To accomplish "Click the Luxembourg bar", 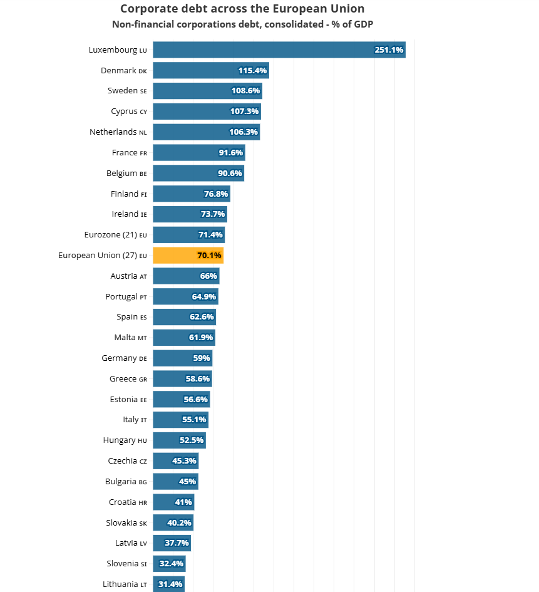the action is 279,50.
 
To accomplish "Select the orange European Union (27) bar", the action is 188,256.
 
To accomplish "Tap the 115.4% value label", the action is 252,71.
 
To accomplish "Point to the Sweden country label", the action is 127,91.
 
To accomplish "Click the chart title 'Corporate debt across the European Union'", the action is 242,9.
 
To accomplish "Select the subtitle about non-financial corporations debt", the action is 242,24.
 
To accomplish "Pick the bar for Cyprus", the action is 207,112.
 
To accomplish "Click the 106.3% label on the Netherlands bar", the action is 244,132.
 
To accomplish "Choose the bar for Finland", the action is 192,194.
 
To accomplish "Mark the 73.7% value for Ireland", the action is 213,214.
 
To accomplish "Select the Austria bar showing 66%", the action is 187,276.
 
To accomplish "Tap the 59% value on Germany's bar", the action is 202,358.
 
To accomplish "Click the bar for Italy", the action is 181,420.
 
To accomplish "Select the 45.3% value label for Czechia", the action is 184,461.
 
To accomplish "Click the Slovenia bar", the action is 170,564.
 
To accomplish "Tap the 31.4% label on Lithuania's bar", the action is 170,584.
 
